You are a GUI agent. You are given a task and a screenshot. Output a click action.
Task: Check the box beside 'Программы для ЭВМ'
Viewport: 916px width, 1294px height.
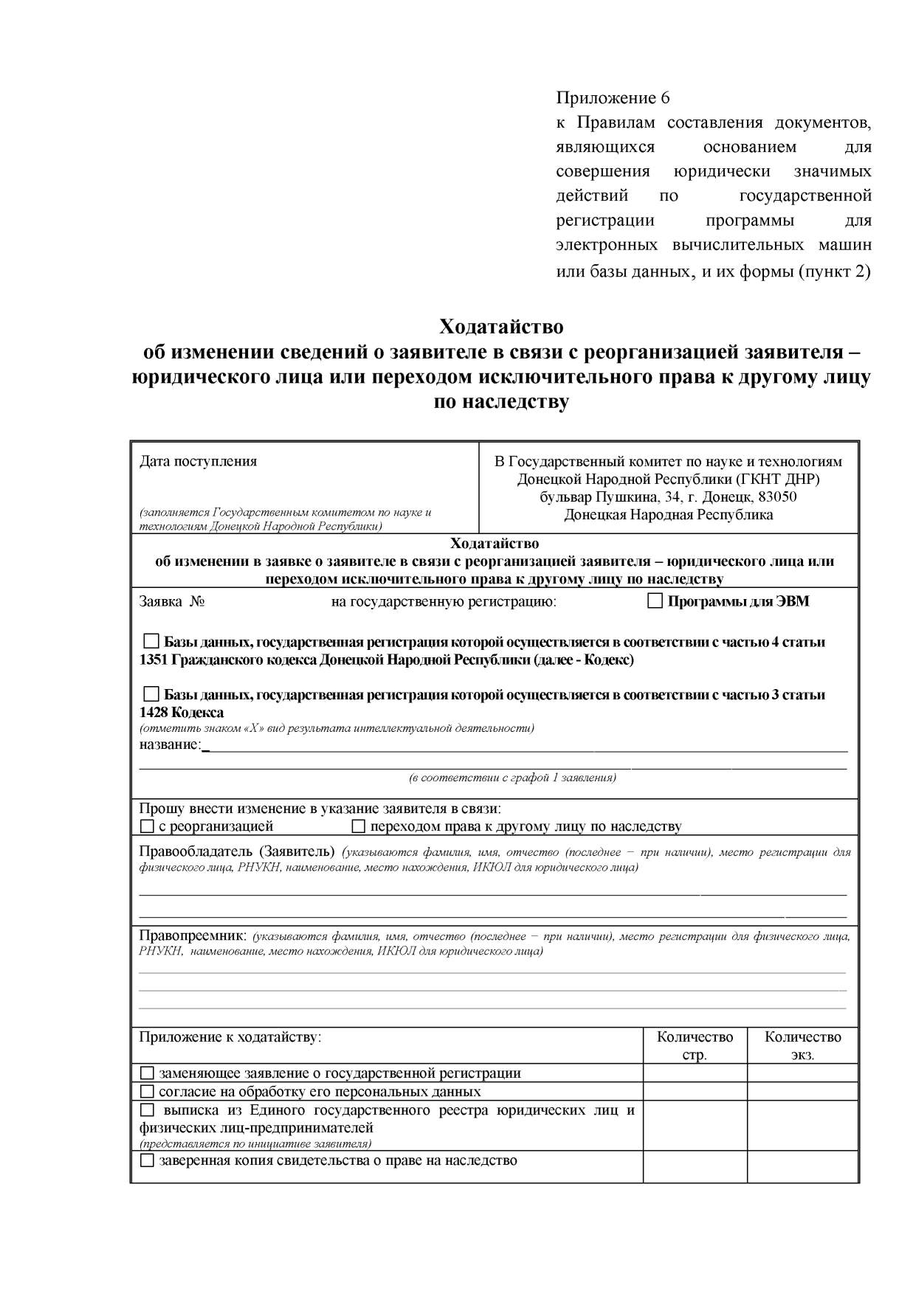point(655,601)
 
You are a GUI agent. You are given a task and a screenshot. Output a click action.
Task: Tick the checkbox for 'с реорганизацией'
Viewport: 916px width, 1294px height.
point(147,826)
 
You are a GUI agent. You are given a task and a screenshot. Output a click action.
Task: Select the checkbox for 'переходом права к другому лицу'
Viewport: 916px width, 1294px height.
point(359,826)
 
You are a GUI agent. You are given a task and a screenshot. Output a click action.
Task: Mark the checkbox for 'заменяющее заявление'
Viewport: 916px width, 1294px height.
point(147,1073)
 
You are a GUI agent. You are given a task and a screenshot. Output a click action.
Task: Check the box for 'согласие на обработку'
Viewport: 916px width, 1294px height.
point(147,1091)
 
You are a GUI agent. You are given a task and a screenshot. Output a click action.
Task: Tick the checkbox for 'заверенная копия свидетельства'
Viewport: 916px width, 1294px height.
point(147,1160)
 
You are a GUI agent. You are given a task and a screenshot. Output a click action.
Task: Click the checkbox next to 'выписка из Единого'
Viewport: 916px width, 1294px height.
point(147,1110)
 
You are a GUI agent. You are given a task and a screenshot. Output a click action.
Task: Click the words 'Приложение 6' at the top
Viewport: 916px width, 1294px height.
point(612,98)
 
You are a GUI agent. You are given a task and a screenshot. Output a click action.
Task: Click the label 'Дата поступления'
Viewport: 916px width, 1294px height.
point(198,462)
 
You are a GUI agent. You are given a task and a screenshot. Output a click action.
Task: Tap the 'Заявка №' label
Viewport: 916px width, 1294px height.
point(172,601)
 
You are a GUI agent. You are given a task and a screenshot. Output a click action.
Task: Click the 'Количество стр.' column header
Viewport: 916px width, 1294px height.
point(695,1045)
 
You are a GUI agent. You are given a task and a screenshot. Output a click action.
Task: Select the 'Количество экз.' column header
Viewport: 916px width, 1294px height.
point(802,1045)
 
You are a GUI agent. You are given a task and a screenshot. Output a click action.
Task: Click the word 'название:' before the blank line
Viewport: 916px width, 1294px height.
point(170,744)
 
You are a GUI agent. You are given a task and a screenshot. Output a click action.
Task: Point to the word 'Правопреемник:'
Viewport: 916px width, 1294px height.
point(193,935)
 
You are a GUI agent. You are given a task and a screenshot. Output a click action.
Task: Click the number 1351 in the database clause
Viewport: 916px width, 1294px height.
point(154,660)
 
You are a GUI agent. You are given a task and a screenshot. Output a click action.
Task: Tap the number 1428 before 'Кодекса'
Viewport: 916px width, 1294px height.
point(154,713)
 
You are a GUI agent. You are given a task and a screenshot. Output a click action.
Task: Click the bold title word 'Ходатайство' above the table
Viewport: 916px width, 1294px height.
point(501,326)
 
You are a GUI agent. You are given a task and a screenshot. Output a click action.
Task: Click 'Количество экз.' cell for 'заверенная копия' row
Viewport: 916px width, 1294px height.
point(802,1166)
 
